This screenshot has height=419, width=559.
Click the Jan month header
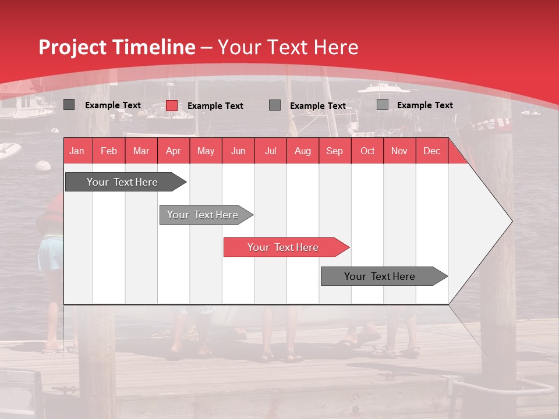click(77, 151)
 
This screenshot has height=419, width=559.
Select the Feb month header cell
click(109, 151)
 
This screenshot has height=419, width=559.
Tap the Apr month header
click(173, 151)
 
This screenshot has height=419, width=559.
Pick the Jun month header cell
click(238, 151)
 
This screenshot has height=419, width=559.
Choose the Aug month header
click(302, 151)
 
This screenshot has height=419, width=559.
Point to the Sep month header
click(334, 151)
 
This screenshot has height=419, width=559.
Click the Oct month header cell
click(367, 151)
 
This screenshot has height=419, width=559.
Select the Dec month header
click(431, 151)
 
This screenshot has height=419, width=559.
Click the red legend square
click(172, 105)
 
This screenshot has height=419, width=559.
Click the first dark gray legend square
click(69, 105)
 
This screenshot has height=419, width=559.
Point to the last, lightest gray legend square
click(383, 105)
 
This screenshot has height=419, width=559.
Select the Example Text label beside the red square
click(215, 106)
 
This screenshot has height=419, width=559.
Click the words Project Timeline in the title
click(117, 47)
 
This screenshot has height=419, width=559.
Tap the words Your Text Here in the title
click(288, 47)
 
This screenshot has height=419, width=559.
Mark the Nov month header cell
click(399, 151)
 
